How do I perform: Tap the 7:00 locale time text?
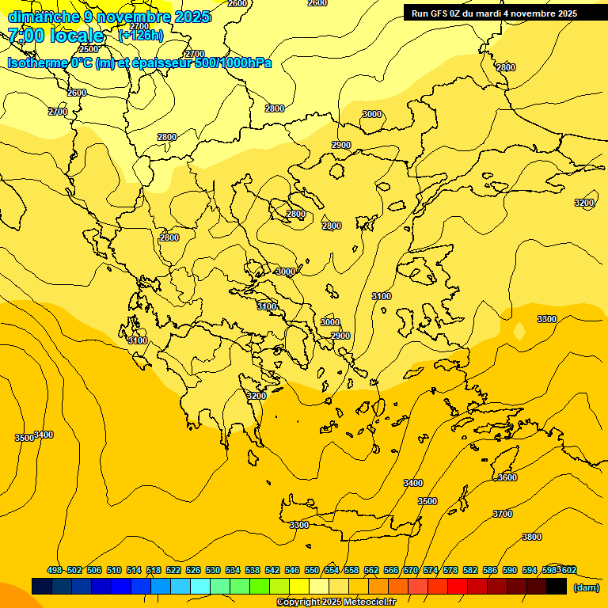pyautogui.click(x=55, y=36)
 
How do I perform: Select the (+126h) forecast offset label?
pyautogui.click(x=141, y=35)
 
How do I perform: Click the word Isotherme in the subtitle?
pyautogui.click(x=36, y=63)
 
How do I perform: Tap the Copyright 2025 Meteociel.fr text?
pyautogui.click(x=336, y=602)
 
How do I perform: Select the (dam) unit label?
pyautogui.click(x=586, y=587)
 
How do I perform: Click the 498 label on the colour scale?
pyautogui.click(x=55, y=570)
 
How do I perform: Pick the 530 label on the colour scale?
pyautogui.click(x=213, y=570)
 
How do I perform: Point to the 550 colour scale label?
pyautogui.click(x=312, y=570)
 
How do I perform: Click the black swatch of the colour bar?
pyautogui.click(x=557, y=587)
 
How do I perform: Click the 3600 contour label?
pyautogui.click(x=507, y=477)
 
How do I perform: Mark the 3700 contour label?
pyautogui.click(x=502, y=514)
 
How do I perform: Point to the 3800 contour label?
pyautogui.click(x=532, y=537)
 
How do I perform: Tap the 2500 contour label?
pyautogui.click(x=89, y=49)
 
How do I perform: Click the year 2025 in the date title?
pyautogui.click(x=192, y=17)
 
